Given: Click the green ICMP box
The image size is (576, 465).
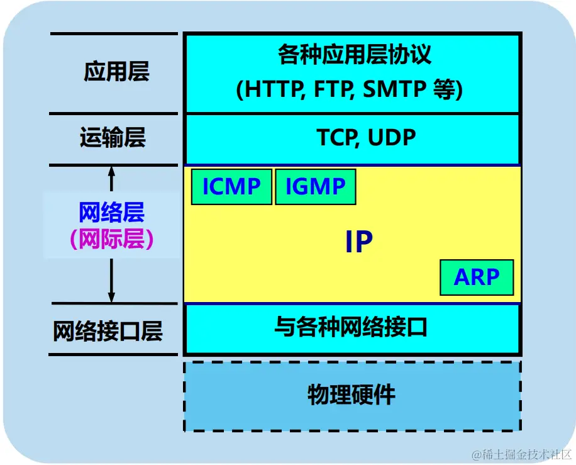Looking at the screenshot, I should (231, 187).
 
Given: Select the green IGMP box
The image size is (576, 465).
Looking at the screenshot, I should (316, 187).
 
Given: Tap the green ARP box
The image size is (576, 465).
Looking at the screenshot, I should (477, 277).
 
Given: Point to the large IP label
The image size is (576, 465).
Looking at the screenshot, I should (359, 242).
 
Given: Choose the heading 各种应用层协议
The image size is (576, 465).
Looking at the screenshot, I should (355, 55).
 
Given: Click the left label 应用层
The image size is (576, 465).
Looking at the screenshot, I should (116, 72).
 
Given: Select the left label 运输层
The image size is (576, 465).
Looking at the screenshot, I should (113, 137).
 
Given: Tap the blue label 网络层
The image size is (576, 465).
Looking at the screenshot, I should (112, 213).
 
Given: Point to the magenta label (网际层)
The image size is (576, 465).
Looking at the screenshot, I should (112, 239).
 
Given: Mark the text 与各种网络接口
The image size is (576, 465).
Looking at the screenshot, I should (352, 327).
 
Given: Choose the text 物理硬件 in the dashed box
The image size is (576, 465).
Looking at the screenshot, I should (352, 395).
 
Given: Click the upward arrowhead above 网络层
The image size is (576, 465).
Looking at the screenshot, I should (112, 170).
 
